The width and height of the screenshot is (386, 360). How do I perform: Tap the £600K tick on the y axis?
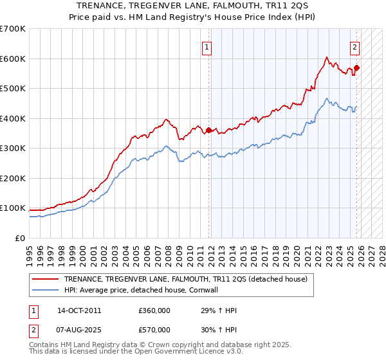[x=13, y=59]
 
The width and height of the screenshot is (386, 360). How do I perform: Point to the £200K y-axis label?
[x=13, y=178]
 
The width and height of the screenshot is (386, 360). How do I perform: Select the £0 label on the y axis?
[x=20, y=238]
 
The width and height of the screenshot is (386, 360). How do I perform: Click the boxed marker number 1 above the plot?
[x=207, y=46]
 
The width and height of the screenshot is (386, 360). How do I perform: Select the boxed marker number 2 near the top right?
[x=354, y=46]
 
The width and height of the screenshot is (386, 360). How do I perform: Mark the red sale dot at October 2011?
[x=208, y=130]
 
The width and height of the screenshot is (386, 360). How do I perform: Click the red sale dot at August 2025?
[x=356, y=67]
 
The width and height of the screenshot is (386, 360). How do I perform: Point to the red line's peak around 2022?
[x=327, y=57]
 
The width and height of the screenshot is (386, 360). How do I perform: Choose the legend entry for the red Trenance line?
[x=186, y=279]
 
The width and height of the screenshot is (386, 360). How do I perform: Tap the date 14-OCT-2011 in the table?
[x=79, y=310]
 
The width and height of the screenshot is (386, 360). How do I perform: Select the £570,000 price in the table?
[x=154, y=329]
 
